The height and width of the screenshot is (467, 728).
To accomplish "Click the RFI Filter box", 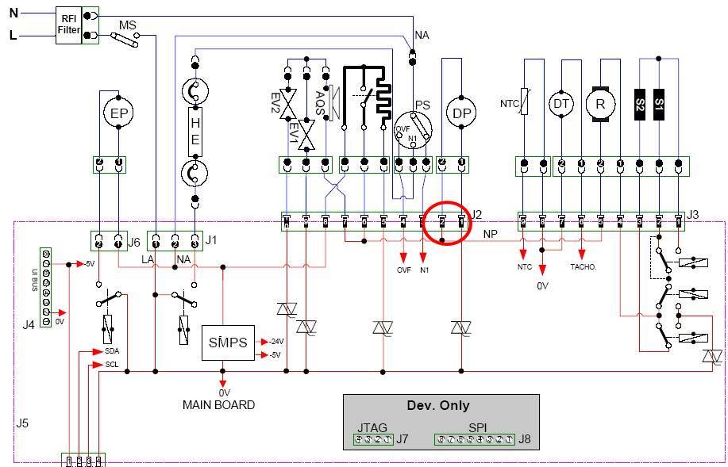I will tap(68, 25).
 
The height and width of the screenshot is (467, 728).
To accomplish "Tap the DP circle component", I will tap(461, 113).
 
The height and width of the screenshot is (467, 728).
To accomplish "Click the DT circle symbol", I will tap(562, 102).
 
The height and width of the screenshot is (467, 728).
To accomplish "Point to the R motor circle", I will tap(600, 102).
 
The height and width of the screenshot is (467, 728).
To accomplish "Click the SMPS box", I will tap(228, 343).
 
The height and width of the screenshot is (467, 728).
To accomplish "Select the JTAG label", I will tap(372, 427).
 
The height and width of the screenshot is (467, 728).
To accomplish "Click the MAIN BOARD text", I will tap(219, 405).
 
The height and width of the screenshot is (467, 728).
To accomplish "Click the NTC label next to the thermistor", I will tap(509, 103).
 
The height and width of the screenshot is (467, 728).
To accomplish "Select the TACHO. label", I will tap(584, 267).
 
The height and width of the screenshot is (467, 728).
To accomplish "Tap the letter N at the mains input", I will tap(13, 13).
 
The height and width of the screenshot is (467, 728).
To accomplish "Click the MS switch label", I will tap(128, 25).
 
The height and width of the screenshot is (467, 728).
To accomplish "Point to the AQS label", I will tap(318, 101).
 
